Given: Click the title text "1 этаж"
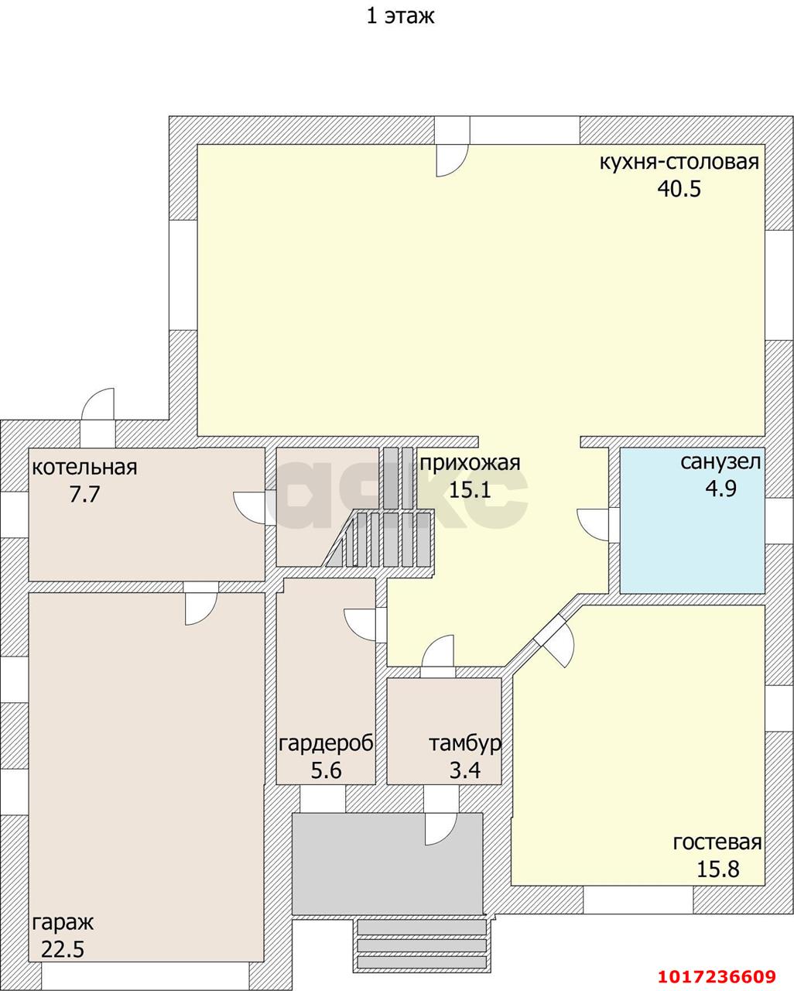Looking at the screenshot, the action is point(400,17).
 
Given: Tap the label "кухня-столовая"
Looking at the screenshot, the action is point(679,162).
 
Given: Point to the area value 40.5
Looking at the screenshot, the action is point(679,188).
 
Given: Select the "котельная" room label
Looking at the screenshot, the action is point(84,468).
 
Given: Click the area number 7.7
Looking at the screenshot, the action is point(84,494).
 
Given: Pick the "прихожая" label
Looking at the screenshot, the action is point(470,463).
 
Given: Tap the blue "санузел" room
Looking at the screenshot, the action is point(693,520).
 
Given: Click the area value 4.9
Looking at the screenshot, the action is point(721,488).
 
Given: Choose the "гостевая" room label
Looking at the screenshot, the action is point(717,842).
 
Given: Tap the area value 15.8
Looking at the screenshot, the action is point(718,869).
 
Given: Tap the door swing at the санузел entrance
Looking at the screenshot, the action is point(593,526).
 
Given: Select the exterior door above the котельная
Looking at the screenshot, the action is point(98,404).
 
